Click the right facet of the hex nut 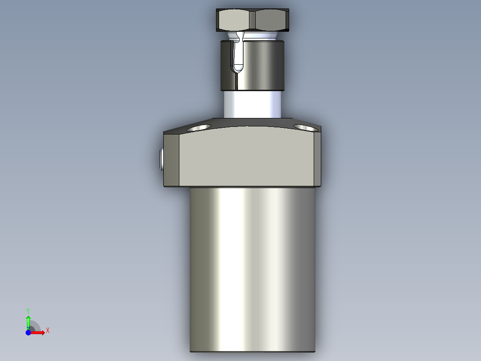[271, 20]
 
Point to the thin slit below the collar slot [236, 81]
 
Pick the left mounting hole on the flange [199, 128]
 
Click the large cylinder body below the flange [253, 268]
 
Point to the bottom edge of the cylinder [253, 351]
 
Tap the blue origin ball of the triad [28, 332]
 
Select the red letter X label [48, 330]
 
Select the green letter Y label [28, 310]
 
